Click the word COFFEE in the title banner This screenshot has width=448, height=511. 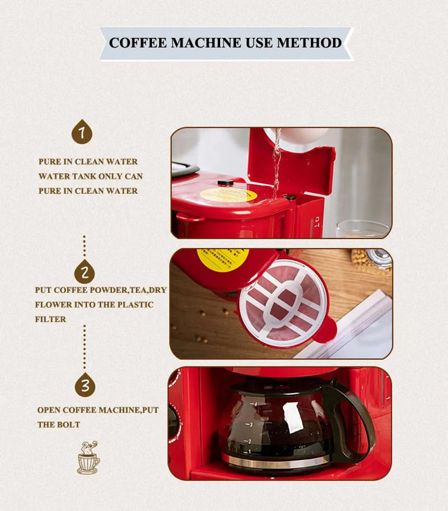coord(137,43)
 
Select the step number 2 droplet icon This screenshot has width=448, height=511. coord(85,272)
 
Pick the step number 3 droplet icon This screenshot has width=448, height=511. coord(85,385)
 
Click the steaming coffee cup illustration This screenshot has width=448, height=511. coord(88,458)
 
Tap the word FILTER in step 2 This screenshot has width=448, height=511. coord(50,320)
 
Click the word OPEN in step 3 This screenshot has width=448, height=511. coord(49,410)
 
